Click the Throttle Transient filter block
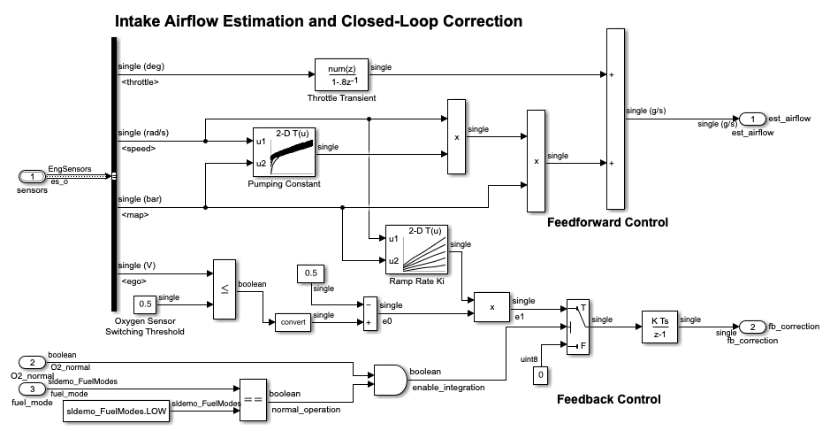(340, 75)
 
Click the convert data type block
(293, 321)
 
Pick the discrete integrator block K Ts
(659, 326)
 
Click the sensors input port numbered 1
(32, 177)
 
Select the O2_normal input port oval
(33, 362)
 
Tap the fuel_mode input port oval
(33, 389)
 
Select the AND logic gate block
(389, 380)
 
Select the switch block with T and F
(578, 327)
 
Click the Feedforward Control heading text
(607, 222)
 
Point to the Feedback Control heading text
(608, 399)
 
